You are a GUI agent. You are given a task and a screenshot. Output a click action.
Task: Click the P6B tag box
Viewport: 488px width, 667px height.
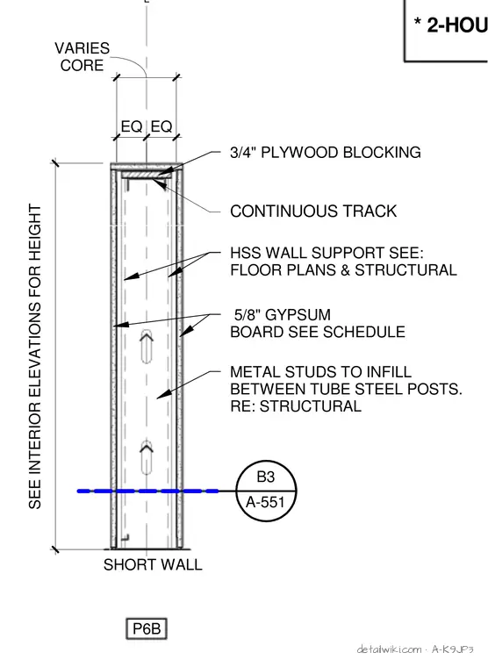tap(147, 628)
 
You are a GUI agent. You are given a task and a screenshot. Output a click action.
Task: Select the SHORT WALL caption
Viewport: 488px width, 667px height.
tap(153, 565)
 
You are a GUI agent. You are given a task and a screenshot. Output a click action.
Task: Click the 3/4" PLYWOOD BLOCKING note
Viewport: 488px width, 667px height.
tap(326, 153)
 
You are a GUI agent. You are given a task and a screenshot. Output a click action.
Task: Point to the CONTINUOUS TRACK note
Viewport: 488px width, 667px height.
tap(313, 211)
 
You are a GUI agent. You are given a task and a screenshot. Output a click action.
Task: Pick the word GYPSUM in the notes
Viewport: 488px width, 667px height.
tap(298, 315)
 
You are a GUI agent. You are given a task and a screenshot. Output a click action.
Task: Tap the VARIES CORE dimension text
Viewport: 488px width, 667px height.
tap(82, 56)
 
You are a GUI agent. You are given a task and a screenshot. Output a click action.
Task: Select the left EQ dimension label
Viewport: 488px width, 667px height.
tap(131, 126)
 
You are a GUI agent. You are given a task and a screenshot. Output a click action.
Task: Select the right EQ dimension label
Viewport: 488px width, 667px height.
tap(161, 126)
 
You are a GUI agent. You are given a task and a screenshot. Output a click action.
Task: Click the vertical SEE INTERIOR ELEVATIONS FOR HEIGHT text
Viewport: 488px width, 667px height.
tap(35, 356)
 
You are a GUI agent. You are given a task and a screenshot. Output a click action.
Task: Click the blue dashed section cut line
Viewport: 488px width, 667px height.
tap(147, 491)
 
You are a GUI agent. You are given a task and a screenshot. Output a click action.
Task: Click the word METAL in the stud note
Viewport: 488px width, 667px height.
tap(255, 372)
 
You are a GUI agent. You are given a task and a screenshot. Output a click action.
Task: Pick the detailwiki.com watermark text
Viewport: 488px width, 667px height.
tap(390, 649)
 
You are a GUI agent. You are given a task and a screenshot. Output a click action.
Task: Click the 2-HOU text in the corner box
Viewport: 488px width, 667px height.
tap(457, 25)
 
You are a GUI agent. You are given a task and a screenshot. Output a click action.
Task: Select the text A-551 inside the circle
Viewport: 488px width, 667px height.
tap(265, 502)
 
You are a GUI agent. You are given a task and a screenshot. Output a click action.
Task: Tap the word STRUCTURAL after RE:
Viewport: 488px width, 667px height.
tap(311, 406)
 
